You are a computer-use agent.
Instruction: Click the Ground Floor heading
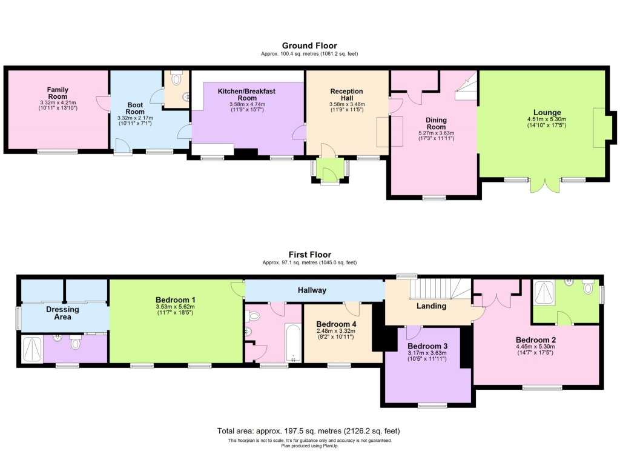pyautogui.click(x=309, y=45)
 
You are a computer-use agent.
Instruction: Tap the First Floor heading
pyautogui.click(x=309, y=255)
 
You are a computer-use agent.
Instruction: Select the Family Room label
pyautogui.click(x=58, y=93)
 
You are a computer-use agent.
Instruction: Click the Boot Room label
pyautogui.click(x=135, y=107)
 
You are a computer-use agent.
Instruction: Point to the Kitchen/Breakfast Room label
pyautogui.click(x=248, y=94)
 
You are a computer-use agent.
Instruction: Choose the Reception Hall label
pyautogui.click(x=346, y=95)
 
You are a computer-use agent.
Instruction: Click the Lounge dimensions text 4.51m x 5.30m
pyautogui.click(x=547, y=119)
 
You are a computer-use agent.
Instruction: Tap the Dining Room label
pyautogui.click(x=436, y=123)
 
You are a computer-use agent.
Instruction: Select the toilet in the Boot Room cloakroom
pyautogui.click(x=176, y=79)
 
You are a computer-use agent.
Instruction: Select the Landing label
pyautogui.click(x=431, y=306)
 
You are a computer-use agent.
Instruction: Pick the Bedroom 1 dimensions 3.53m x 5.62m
pyautogui.click(x=176, y=307)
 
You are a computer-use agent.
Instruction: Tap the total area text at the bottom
pyautogui.click(x=308, y=431)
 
